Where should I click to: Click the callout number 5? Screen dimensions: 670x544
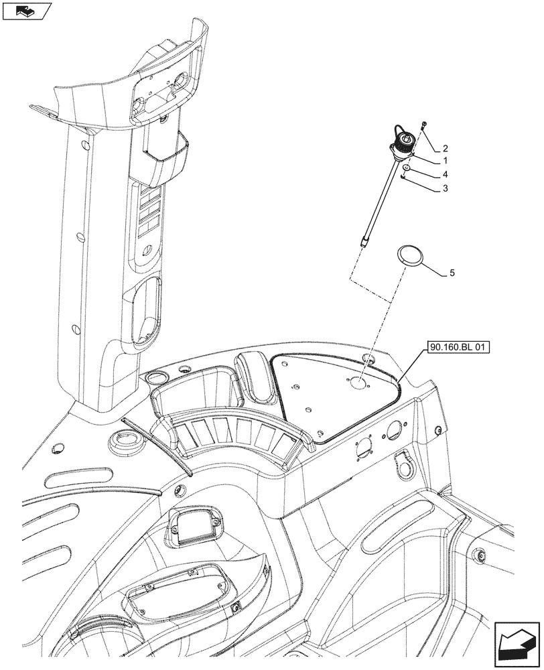coord(452,273)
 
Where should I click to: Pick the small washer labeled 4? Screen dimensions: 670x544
coord(407,167)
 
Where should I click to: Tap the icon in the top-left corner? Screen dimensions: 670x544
coord(26,11)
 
